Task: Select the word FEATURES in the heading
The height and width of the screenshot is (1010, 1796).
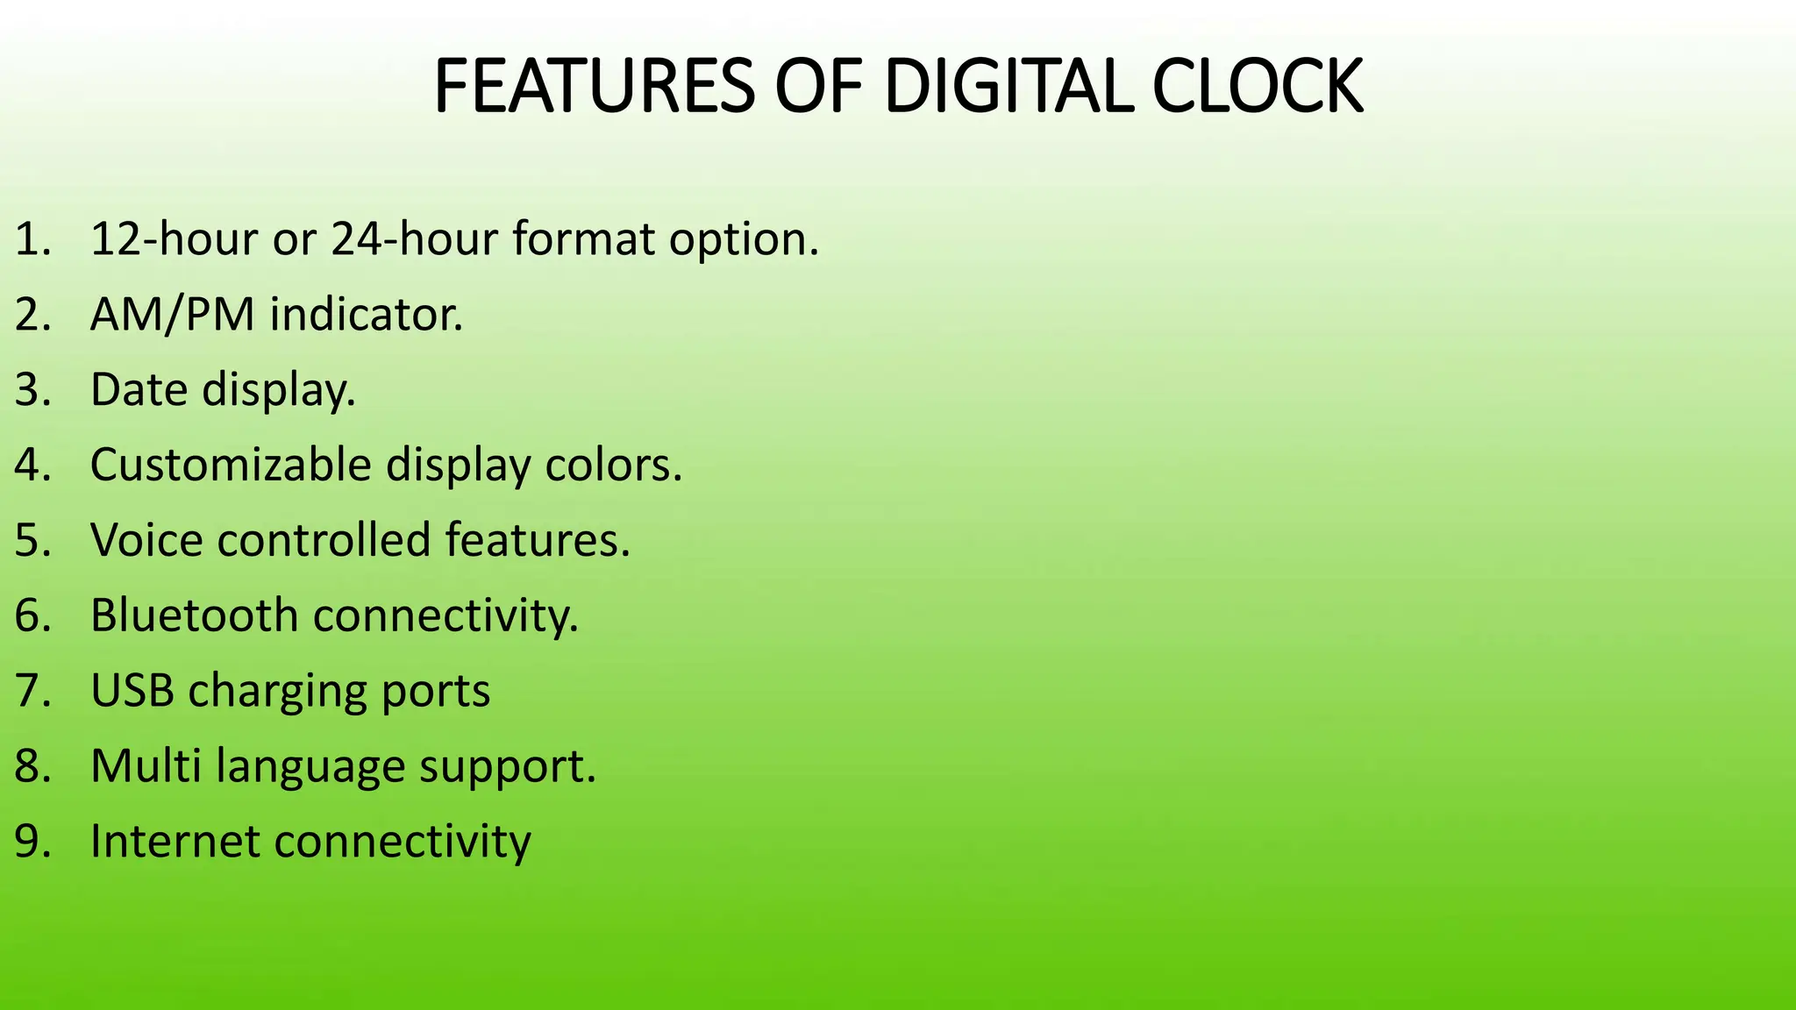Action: tap(594, 87)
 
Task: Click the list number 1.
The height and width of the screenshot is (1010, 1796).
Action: tap(32, 239)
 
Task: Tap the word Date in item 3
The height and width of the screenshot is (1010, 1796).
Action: tap(139, 389)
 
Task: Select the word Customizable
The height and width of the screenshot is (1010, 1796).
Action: tap(231, 465)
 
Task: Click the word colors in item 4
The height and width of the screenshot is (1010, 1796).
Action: tap(613, 465)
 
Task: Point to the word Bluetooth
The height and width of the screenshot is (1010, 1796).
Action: tap(194, 615)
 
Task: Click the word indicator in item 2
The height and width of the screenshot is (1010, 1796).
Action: tap(366, 315)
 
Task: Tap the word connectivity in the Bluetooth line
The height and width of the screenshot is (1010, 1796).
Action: tap(445, 615)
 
